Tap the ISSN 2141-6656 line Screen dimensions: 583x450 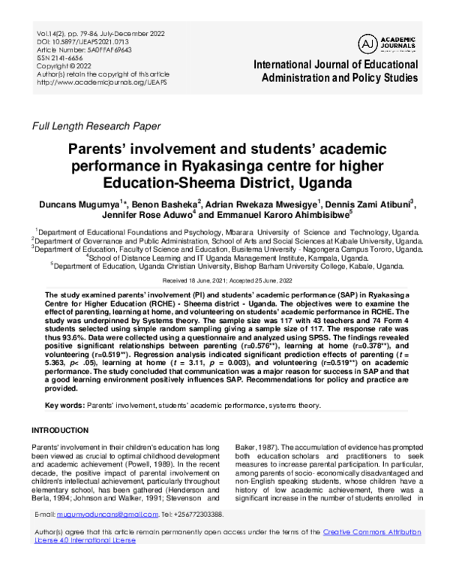click(66, 59)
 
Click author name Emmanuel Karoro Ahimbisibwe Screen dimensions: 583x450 click(276, 216)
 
